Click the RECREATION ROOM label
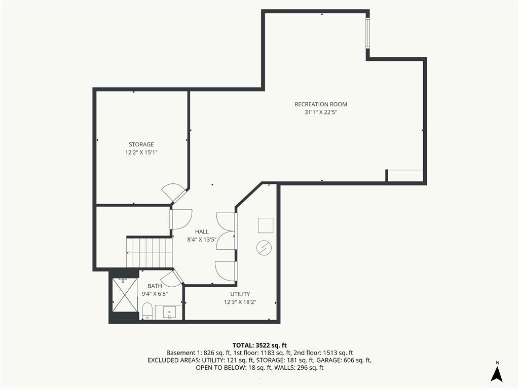pyautogui.click(x=321, y=104)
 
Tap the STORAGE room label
pyautogui.click(x=141, y=144)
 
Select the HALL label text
pyautogui.click(x=202, y=231)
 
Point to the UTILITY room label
pyautogui.click(x=240, y=294)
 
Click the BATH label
pyautogui.click(x=155, y=286)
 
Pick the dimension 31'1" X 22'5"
pyautogui.click(x=321, y=112)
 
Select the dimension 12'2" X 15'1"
pyautogui.click(x=141, y=152)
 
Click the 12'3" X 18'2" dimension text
pyautogui.click(x=240, y=302)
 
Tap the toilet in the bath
pyautogui.click(x=147, y=312)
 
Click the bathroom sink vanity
pyautogui.click(x=169, y=313)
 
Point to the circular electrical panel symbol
pyautogui.click(x=264, y=248)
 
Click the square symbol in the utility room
pyautogui.click(x=266, y=225)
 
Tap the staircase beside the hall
pyautogui.click(x=150, y=253)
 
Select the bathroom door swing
pyautogui.click(x=173, y=279)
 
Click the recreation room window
pyautogui.click(x=367, y=33)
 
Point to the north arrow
pyautogui.click(x=497, y=374)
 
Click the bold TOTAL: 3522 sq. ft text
pyautogui.click(x=259, y=345)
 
